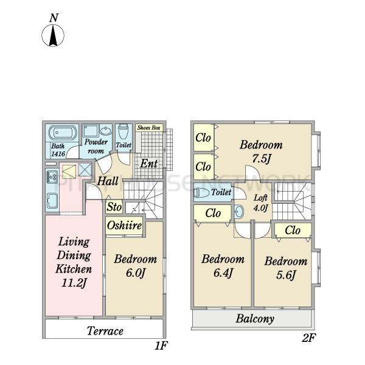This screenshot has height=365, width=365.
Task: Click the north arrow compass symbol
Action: pos(53,35)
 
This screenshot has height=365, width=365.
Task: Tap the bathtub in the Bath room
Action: pos(63,133)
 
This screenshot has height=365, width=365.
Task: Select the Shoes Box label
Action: pos(149,128)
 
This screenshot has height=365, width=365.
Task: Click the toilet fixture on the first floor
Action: pos(123,131)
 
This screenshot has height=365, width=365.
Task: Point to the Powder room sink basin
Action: pos(106,130)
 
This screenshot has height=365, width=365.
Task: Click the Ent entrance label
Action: pos(149,164)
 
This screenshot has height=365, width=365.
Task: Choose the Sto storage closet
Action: pos(114,207)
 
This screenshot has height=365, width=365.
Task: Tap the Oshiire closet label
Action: pos(124,225)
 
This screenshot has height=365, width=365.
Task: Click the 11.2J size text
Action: pos(74,283)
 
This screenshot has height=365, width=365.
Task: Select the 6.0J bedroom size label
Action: pos(136,273)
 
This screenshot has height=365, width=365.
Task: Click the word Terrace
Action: pos(105,331)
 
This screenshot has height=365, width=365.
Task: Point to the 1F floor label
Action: pos(161,346)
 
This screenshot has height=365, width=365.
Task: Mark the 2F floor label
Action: pos(308,338)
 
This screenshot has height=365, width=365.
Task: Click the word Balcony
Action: pos(255,319)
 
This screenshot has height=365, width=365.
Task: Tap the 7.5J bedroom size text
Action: pos(262,159)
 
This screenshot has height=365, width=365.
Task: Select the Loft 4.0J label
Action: pos(261,203)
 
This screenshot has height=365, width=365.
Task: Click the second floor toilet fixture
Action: pos(201,193)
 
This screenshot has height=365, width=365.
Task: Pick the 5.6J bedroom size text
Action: pos(286,275)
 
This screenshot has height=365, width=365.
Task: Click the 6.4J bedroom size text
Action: pos(223,273)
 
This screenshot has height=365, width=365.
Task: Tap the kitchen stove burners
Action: pos(52,177)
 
